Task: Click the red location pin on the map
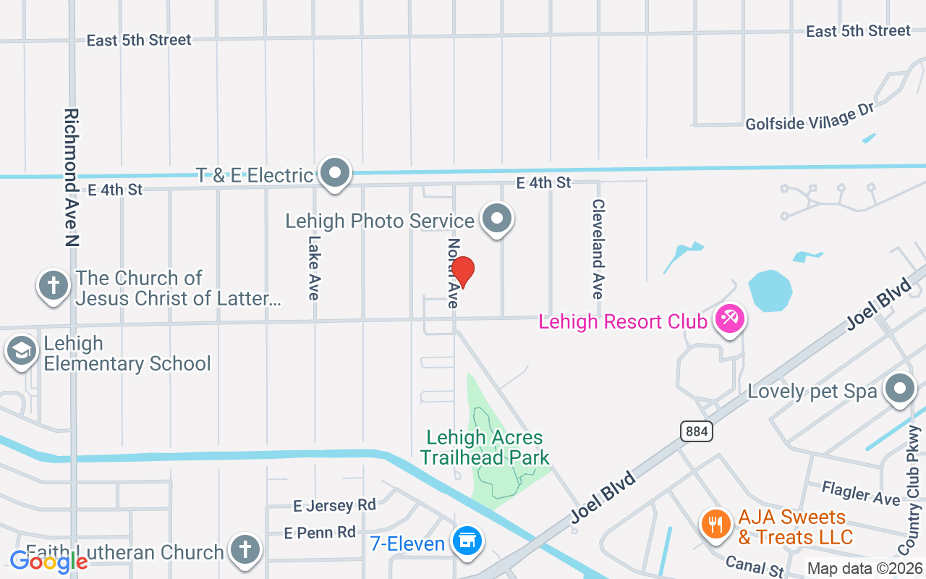click(462, 271)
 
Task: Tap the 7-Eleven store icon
click(467, 541)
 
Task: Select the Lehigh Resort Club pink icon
click(729, 319)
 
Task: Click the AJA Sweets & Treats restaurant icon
click(716, 524)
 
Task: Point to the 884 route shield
click(697, 431)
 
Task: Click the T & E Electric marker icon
click(335, 174)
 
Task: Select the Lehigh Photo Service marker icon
click(497, 219)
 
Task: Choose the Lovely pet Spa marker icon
click(900, 389)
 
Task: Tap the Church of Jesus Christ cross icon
click(54, 285)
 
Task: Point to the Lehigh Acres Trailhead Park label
click(485, 447)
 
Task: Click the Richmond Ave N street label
click(71, 177)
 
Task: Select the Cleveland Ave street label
click(598, 249)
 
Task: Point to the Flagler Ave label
click(861, 493)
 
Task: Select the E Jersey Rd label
click(334, 504)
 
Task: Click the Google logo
click(48, 561)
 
